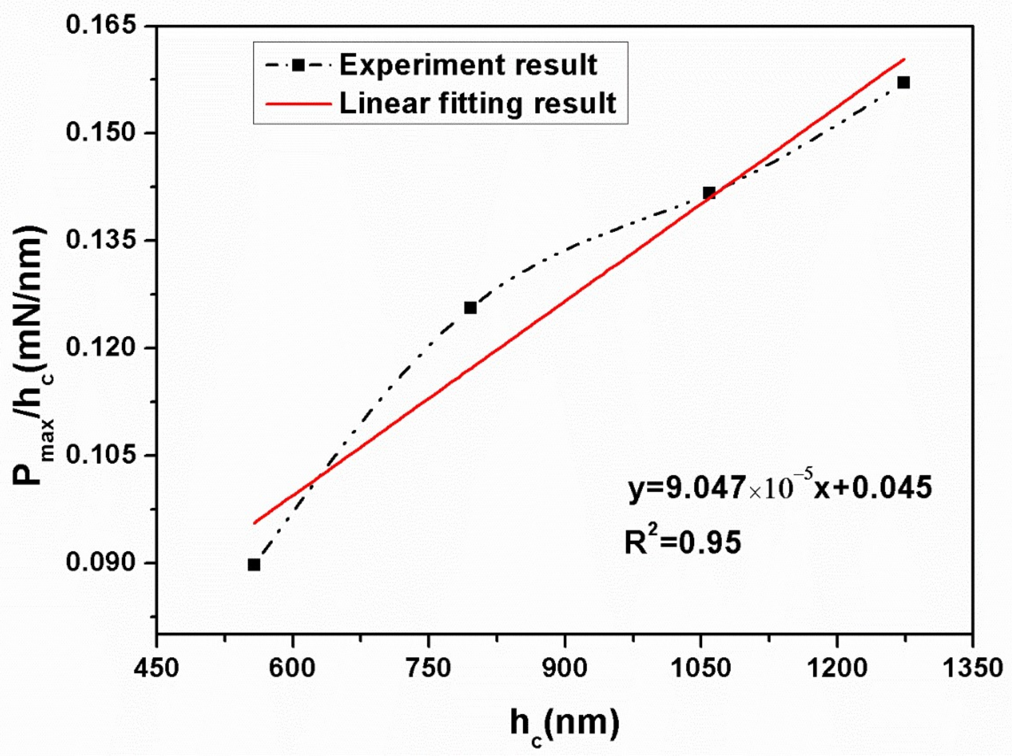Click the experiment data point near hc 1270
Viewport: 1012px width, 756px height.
(x=903, y=83)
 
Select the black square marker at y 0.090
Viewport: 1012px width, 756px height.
(x=254, y=565)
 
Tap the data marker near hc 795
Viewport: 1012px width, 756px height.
(x=470, y=308)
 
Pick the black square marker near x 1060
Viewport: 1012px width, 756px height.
(x=709, y=193)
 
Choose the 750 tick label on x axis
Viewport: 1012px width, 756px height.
(x=428, y=669)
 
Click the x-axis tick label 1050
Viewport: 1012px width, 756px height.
(x=700, y=669)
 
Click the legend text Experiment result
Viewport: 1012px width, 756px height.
(x=468, y=65)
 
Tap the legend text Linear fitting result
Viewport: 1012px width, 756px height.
(x=478, y=103)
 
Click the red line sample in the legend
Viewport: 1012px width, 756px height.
(x=298, y=104)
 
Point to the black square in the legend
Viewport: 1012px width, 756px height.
(x=298, y=66)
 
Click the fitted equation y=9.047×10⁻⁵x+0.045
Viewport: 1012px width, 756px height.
(x=780, y=488)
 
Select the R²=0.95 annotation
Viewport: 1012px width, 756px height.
(x=683, y=542)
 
